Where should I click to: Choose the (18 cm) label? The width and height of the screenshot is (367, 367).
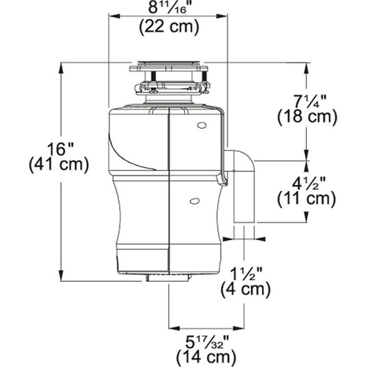306,116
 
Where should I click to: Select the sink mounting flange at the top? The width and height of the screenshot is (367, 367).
170,68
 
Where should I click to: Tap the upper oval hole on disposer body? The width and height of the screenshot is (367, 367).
201,126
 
